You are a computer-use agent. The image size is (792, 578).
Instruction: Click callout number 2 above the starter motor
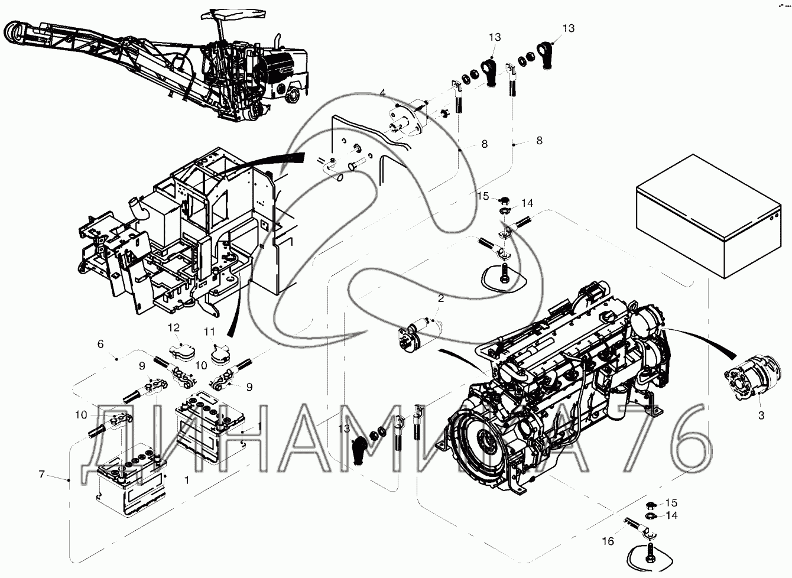point(440,300)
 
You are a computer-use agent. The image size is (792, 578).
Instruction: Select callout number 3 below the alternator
point(761,415)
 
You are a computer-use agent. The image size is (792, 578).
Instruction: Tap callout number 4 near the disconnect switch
point(383,93)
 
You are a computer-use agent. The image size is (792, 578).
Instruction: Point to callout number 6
point(100,344)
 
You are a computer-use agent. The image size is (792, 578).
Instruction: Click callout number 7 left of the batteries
point(41,475)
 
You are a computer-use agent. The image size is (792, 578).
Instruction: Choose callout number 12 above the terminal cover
point(173,327)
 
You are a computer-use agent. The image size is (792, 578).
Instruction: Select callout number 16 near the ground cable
point(608,541)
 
